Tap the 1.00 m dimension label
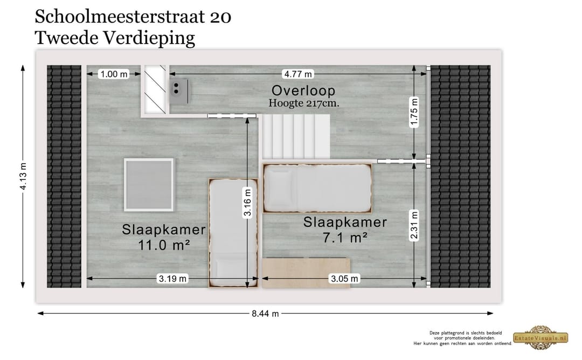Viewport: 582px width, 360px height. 114,74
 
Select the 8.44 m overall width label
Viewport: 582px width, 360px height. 265,314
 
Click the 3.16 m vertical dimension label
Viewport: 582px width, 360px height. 247,203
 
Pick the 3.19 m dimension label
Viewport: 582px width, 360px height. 172,279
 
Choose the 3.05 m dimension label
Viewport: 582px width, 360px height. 344,279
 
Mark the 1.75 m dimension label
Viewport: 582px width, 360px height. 414,112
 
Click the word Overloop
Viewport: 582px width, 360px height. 303,91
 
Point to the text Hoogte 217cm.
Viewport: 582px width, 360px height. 304,103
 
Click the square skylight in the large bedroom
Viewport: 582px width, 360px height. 149,184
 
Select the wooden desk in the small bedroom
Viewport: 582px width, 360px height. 306,273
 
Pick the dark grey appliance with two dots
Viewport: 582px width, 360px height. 178,91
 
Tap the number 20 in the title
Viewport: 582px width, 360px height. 220,17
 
